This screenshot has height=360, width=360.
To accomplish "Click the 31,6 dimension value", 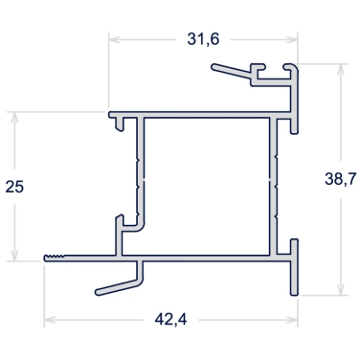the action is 203,39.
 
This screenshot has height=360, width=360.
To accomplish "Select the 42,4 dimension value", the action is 170,319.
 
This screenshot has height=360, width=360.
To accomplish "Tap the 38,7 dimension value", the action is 341,179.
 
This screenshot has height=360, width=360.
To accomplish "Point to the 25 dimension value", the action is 14,187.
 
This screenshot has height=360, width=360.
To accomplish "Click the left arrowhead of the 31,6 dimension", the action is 114,39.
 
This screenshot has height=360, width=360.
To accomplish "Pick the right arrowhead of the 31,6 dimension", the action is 292,39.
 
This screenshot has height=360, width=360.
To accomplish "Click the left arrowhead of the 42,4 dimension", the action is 50,320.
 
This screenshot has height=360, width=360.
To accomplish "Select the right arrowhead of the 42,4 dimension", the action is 292,320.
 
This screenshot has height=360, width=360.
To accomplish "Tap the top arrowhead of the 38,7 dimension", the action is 341,70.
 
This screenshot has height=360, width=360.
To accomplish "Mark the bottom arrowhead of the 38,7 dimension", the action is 341,289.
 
